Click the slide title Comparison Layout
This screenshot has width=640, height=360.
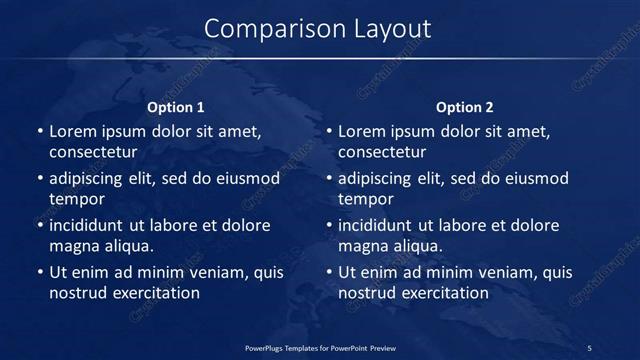pyautogui.click(x=318, y=29)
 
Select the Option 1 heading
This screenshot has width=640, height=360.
pyautogui.click(x=176, y=107)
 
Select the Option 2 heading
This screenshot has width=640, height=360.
pyautogui.click(x=465, y=107)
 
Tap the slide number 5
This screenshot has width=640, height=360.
pyautogui.click(x=589, y=348)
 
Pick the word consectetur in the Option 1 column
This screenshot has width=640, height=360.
pyautogui.click(x=92, y=152)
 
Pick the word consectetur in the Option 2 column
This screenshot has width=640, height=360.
pyautogui.click(x=382, y=152)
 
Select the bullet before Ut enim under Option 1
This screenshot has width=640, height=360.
pyautogui.click(x=39, y=272)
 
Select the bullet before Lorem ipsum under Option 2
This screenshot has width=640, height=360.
pyautogui.click(x=329, y=131)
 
